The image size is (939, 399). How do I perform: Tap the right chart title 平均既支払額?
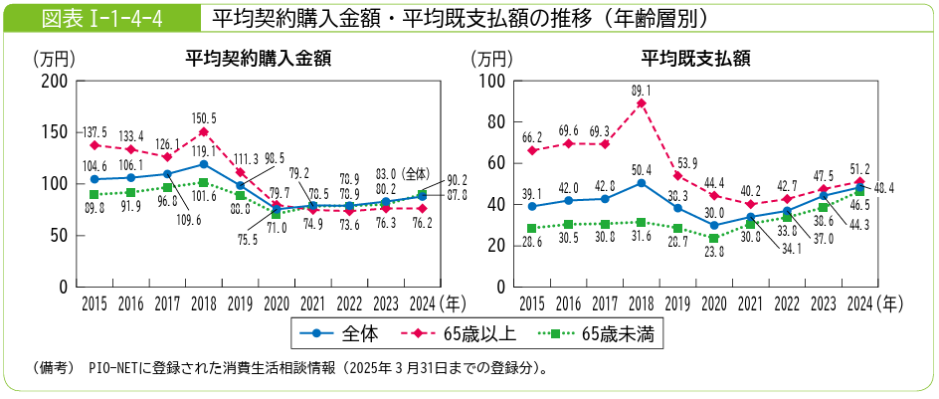tap(694, 59)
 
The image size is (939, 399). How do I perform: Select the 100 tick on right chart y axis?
tap(494, 81)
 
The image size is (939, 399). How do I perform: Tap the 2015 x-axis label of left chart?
tap(94, 302)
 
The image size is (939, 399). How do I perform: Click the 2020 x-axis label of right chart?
tap(712, 302)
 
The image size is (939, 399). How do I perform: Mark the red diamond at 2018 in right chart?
tap(642, 103)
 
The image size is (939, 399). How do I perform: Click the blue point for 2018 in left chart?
tap(203, 164)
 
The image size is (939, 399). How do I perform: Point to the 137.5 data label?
tap(94, 132)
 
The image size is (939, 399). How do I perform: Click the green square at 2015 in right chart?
tap(532, 228)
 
